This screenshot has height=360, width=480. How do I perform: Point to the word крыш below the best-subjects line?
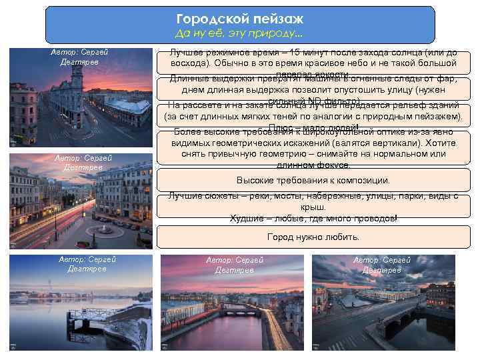[313, 207]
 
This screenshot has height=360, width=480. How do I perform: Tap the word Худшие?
[247, 218]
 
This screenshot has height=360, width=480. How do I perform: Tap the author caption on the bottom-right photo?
[382, 265]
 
